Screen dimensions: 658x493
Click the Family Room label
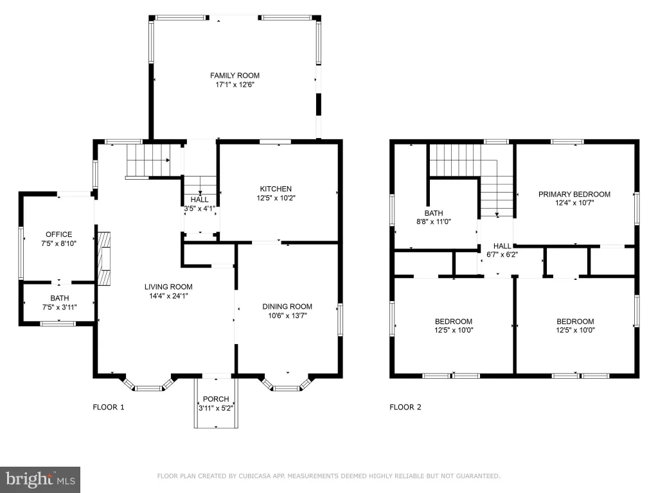tap(235, 76)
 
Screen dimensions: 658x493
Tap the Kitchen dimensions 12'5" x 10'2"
tap(276, 198)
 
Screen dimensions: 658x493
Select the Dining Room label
tap(287, 306)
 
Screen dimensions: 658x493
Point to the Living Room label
tap(168, 287)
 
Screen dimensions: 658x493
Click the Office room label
tap(58, 234)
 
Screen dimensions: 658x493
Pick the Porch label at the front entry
tap(216, 399)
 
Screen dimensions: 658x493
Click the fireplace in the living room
tap(104, 259)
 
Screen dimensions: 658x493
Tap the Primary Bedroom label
tap(574, 194)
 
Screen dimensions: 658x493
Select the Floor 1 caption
tap(108, 407)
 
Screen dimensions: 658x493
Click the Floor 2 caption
tap(405, 407)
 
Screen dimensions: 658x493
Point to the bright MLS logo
tap(40, 480)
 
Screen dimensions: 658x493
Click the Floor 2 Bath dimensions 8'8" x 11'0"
tap(434, 221)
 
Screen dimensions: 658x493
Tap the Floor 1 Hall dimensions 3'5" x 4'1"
tap(199, 209)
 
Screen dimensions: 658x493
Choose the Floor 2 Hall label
tap(502, 246)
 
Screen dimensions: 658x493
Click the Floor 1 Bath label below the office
tap(60, 298)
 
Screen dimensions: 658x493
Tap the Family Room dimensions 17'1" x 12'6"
tap(235, 85)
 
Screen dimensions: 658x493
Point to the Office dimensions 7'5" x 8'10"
tap(58, 243)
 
